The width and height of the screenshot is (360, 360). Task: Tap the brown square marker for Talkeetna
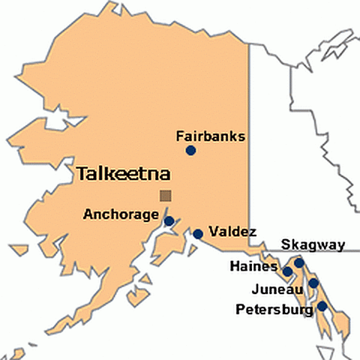(165, 196)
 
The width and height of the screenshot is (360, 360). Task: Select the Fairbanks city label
(210, 136)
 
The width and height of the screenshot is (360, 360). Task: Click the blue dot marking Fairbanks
(190, 151)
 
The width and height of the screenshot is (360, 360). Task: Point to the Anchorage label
(120, 214)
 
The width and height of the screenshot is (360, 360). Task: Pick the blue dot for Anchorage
(169, 221)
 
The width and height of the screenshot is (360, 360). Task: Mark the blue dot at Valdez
(198, 234)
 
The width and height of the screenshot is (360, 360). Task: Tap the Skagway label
(313, 244)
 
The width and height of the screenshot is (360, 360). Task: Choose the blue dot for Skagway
(298, 262)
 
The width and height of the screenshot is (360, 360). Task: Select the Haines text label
(253, 265)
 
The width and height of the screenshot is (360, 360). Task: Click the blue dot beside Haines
(287, 271)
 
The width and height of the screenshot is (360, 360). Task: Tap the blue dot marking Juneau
(313, 283)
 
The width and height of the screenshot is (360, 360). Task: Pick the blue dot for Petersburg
(322, 306)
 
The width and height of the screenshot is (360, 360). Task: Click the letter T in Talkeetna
(82, 175)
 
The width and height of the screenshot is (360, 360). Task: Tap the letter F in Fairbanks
(178, 136)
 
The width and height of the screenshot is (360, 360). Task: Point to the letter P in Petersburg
(239, 308)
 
